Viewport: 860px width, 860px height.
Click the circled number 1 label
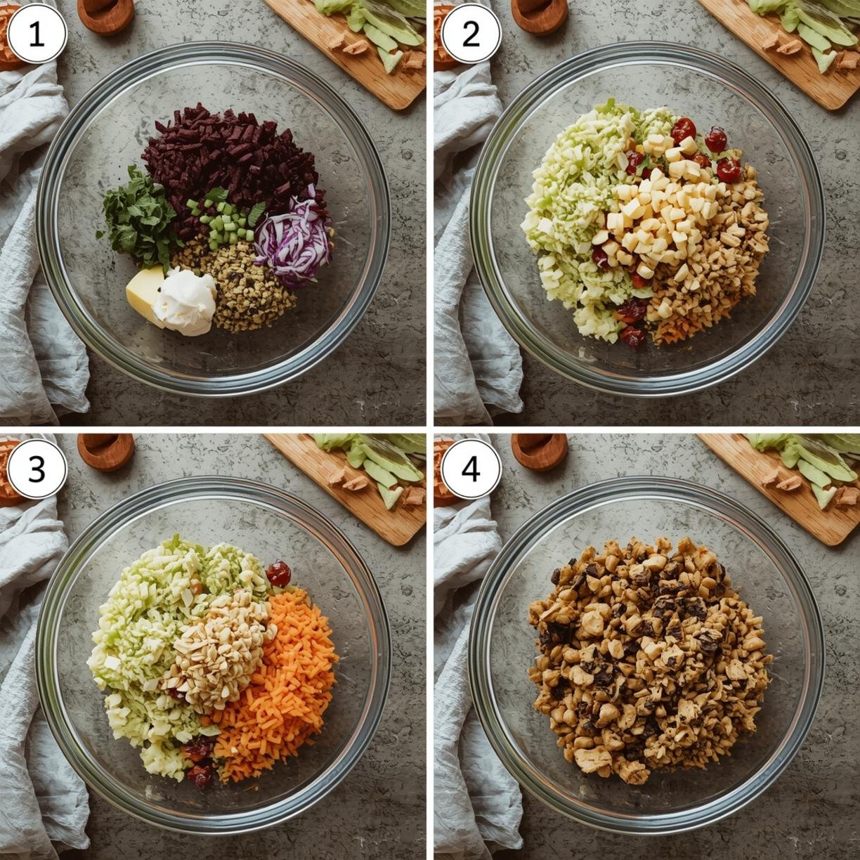[x=37, y=35]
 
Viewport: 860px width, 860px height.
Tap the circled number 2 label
[x=471, y=35]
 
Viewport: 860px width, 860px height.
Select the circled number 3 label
[x=37, y=469]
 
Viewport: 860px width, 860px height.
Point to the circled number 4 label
[x=471, y=469]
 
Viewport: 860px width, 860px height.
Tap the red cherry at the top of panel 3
[x=278, y=573]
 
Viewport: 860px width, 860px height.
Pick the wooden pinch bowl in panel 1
[x=106, y=15]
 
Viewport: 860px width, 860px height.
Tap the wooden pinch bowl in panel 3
[x=106, y=451]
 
